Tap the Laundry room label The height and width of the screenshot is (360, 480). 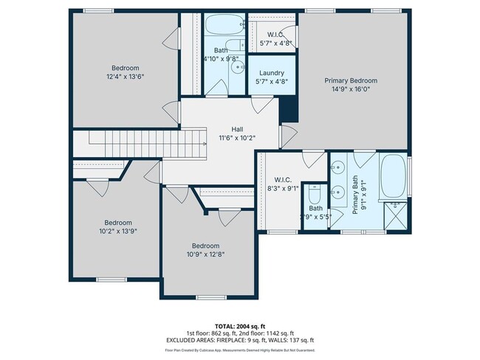pos(272,73)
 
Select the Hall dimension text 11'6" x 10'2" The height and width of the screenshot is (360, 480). pos(236,137)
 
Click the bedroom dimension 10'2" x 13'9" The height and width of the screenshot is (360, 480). pos(118,231)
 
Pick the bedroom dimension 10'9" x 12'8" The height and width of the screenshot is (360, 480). pos(206,254)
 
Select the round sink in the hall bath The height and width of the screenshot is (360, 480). pos(239,67)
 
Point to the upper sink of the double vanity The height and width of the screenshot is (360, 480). pos(339,167)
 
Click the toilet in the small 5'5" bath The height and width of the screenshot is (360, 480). pos(315,199)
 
